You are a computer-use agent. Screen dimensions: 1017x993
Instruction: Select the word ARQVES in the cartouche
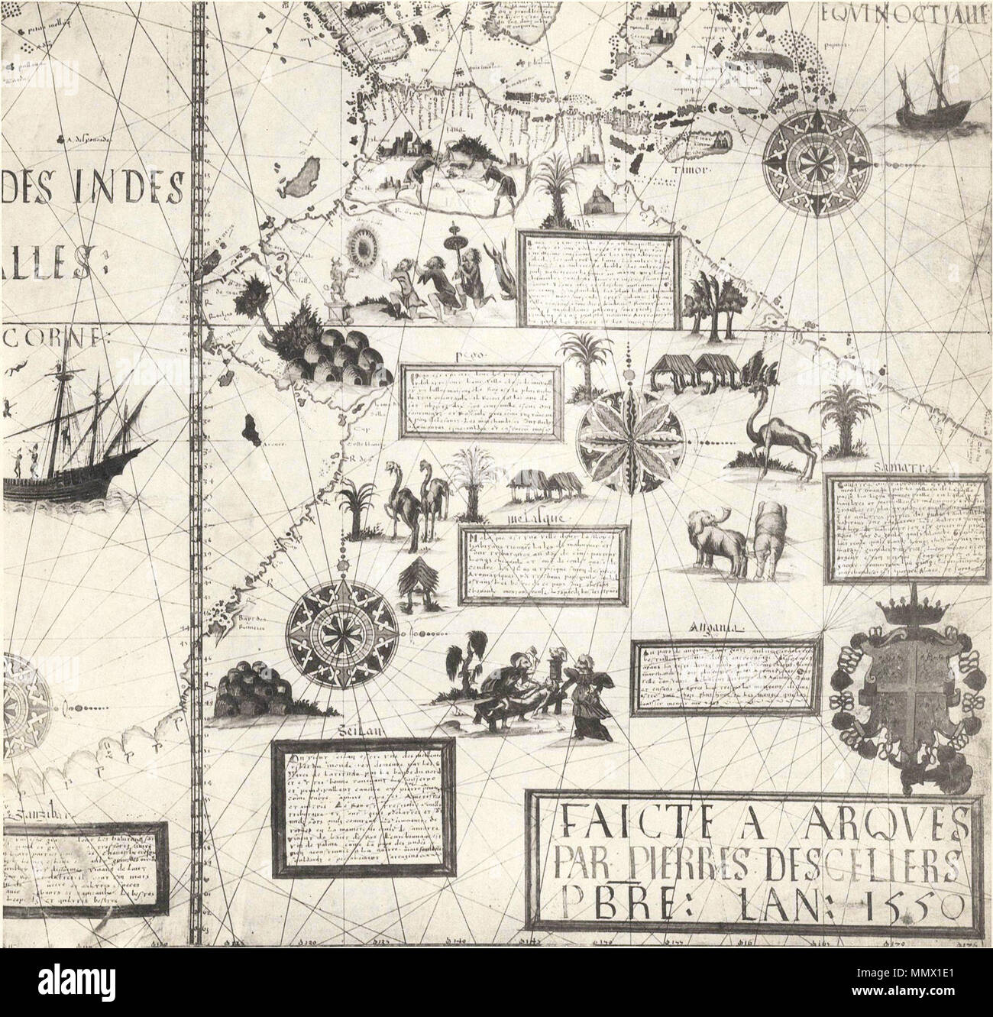coord(903,824)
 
